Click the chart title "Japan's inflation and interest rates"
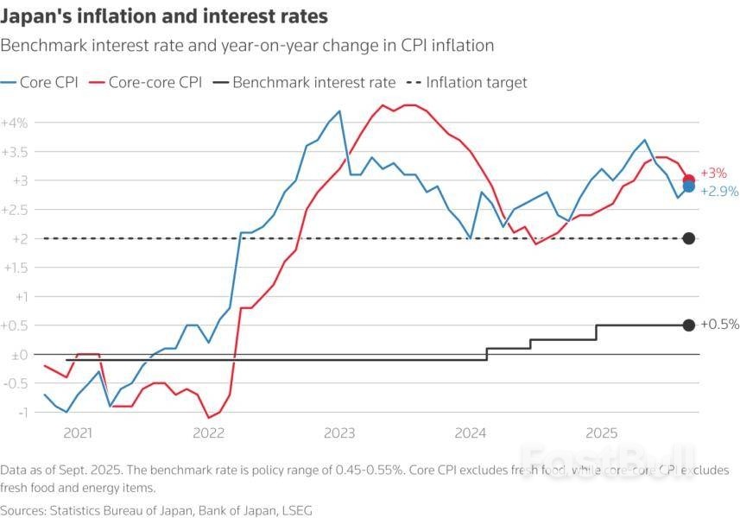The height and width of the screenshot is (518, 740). tap(164, 16)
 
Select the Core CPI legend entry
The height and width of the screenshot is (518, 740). tap(44, 83)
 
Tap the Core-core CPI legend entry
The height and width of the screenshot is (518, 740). tap(147, 83)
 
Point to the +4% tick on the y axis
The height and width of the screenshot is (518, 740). tap(16, 123)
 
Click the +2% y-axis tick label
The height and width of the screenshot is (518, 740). tap(16, 238)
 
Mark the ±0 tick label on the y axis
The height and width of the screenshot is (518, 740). tap(17, 354)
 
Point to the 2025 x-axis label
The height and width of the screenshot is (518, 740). tap(599, 431)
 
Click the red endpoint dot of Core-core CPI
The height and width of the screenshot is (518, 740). tap(689, 180)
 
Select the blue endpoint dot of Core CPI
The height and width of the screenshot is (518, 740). tap(689, 186)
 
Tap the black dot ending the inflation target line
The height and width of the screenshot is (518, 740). tap(689, 238)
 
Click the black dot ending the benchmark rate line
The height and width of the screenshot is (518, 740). tap(689, 325)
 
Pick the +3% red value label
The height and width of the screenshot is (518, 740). tap(713, 174)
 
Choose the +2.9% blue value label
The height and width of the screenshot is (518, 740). tap(718, 192)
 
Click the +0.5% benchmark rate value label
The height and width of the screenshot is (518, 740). tap(718, 325)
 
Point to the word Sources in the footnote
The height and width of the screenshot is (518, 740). tap(26, 510)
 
